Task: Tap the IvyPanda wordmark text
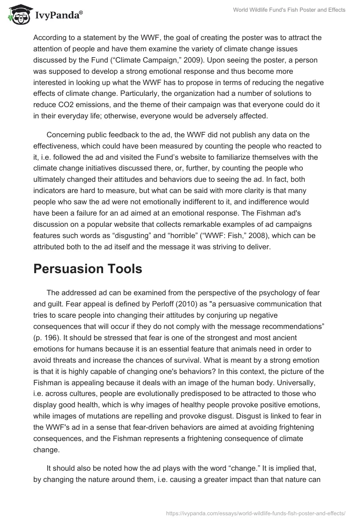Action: (x=58, y=15)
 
